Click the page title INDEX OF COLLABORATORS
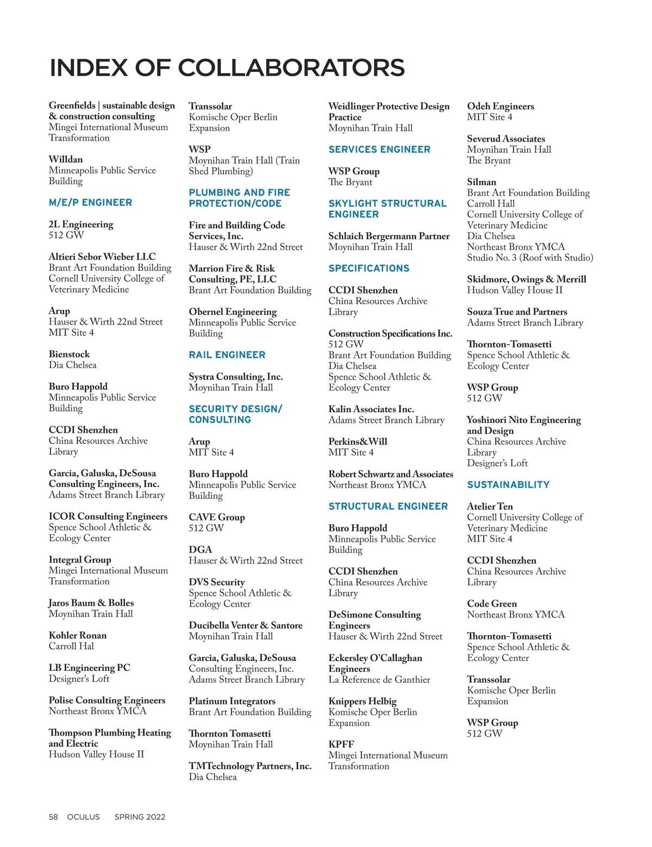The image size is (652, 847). pos(227,68)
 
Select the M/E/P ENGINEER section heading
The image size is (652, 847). pos(90,203)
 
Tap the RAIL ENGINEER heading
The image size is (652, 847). pos(227,355)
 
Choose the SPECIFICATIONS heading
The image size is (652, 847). pos(369,269)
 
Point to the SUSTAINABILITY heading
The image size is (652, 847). pos(509,485)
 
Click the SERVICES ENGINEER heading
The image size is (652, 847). pos(379,150)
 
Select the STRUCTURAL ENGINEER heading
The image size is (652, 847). pos(388,507)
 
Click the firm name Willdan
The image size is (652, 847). pos(66,159)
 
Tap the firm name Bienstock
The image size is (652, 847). pos(69,354)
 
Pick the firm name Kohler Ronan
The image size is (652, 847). pos(78,636)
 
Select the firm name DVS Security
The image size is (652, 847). pos(217,582)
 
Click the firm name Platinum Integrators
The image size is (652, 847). pos(232,701)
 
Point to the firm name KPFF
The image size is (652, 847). pos(341,745)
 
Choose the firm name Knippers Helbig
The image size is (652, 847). pos(362,701)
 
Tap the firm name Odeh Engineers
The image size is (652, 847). pos(500,107)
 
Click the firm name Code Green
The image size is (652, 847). pos(492,604)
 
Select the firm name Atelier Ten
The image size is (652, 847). pos(490,507)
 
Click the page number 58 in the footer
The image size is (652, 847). pos(53,817)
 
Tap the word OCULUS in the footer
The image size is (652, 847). pos(84,817)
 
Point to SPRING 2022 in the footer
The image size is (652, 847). pos(140,817)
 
